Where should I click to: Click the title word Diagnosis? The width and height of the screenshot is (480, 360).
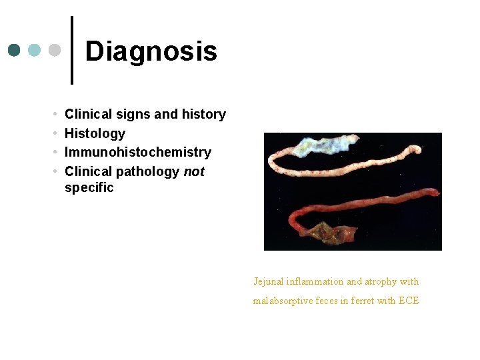[151, 51]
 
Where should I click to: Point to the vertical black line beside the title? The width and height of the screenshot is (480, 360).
[71, 50]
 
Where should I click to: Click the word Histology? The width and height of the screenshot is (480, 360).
[95, 133]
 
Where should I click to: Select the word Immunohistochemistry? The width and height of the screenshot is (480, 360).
[137, 152]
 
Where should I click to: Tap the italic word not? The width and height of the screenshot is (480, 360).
[194, 171]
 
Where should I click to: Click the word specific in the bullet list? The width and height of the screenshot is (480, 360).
[89, 187]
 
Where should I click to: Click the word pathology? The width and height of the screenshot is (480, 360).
[147, 171]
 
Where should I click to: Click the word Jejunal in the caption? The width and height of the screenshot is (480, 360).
[269, 281]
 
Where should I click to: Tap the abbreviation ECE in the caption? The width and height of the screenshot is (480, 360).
[408, 301]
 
